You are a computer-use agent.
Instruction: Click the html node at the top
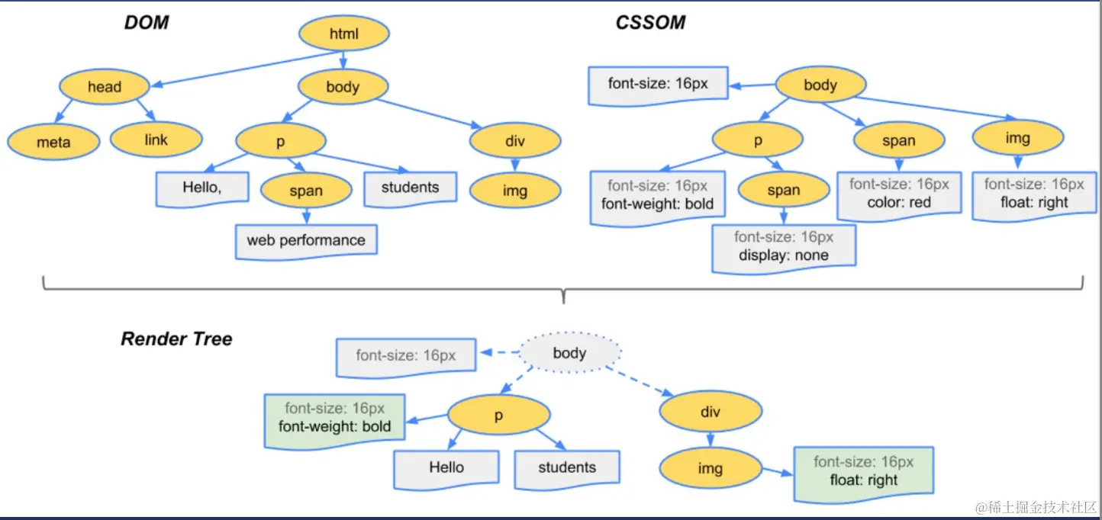(x=344, y=33)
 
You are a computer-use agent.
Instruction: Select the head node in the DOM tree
(x=105, y=86)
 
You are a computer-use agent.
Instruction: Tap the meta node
(x=53, y=142)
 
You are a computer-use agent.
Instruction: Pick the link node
(x=156, y=140)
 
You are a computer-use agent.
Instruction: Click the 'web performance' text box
(x=306, y=242)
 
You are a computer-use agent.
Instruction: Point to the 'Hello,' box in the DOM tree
(x=202, y=189)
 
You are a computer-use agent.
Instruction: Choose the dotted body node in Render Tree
(x=569, y=352)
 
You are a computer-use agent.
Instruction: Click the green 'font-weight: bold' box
(x=334, y=421)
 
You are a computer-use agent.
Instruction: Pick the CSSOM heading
(x=650, y=23)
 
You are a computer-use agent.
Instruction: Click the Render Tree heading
(x=176, y=339)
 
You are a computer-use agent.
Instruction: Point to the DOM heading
(x=146, y=23)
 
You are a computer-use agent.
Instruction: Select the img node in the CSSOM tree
(x=1018, y=137)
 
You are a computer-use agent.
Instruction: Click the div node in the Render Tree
(x=710, y=412)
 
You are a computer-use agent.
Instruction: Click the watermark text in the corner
(x=1036, y=508)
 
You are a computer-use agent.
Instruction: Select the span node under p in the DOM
(x=306, y=191)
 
